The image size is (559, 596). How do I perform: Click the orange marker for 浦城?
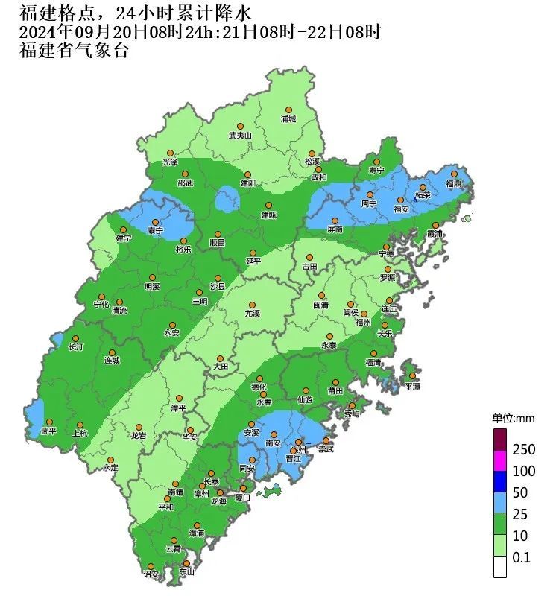[x=288, y=110]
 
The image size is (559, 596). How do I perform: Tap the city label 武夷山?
[x=241, y=136]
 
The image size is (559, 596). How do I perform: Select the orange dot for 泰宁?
[x=155, y=222]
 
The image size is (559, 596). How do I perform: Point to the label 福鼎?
[x=454, y=183]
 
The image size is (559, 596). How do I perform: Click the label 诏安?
[x=151, y=574]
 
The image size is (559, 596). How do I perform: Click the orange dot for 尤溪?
[x=253, y=305]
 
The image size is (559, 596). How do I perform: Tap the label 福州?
[x=363, y=323]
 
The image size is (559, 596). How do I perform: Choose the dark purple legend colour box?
[x=500, y=437]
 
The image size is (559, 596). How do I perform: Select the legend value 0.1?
[x=521, y=557]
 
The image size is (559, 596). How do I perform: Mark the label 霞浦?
[x=434, y=234]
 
